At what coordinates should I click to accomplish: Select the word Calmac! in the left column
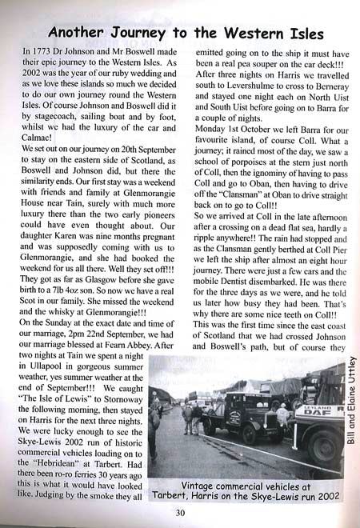[x=46, y=142]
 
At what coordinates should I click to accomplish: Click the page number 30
[x=180, y=514]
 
